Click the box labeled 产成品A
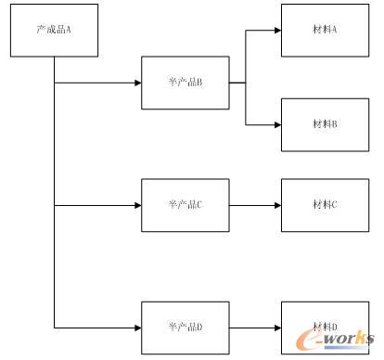pyautogui.click(x=54, y=30)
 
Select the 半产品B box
pyautogui.click(x=185, y=84)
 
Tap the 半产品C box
pyautogui.click(x=185, y=205)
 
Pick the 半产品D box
pyautogui.click(x=185, y=328)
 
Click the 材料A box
pyautogui.click(x=325, y=31)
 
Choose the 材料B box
pyautogui.click(x=325, y=124)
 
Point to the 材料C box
pyautogui.click(x=325, y=205)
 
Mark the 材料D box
pyautogui.click(x=325, y=328)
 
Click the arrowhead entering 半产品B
pyautogui.click(x=136, y=84)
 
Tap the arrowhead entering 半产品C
pyautogui.click(x=136, y=205)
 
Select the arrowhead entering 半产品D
pyautogui.click(x=136, y=328)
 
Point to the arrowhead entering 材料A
pyautogui.click(x=276, y=30)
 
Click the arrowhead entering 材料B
pyautogui.click(x=276, y=124)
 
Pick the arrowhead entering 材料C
pyautogui.click(x=276, y=205)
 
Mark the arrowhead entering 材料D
pyautogui.click(x=276, y=328)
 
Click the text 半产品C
pyautogui.click(x=185, y=205)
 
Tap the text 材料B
pyautogui.click(x=325, y=124)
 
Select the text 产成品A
pyautogui.click(x=54, y=30)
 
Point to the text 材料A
pyautogui.click(x=325, y=31)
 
